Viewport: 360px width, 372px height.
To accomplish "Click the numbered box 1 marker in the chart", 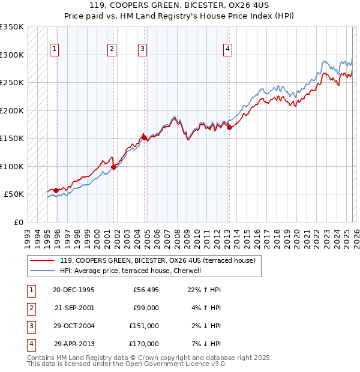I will (x=55, y=50).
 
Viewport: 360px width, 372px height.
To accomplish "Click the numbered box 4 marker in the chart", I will (x=228, y=50).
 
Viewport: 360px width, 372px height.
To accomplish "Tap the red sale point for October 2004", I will (x=144, y=137).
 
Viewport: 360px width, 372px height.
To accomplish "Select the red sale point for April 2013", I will (x=229, y=127).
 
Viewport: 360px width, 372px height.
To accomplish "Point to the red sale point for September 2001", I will (x=113, y=167).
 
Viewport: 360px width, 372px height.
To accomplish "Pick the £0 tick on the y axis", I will (x=18, y=222).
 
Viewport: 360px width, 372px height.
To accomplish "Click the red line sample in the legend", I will (x=41, y=260).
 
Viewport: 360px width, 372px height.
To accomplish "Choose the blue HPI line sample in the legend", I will (x=41, y=271).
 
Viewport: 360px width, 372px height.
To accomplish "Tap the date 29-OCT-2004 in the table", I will (x=74, y=326).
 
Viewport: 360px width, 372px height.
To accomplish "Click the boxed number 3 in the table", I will (x=31, y=326).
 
